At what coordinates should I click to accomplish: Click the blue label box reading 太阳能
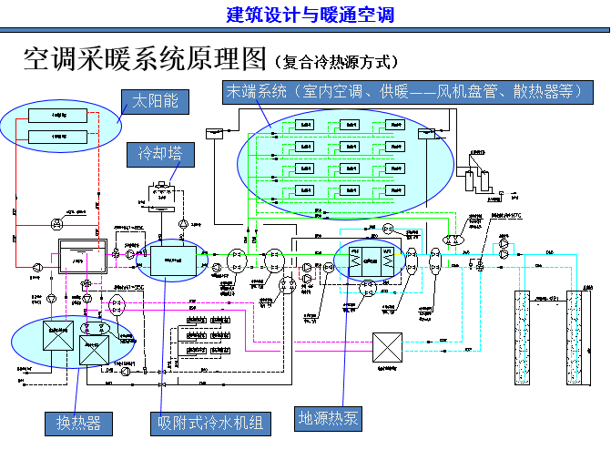(x=156, y=102)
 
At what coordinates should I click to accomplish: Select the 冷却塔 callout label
(x=160, y=153)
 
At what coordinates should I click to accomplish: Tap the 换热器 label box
(x=79, y=424)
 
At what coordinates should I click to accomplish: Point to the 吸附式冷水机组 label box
(x=210, y=424)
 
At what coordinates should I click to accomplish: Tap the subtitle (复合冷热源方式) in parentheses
(x=336, y=63)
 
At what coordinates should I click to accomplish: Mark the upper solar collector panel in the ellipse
(x=57, y=116)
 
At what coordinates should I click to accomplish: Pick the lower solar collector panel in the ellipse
(x=57, y=136)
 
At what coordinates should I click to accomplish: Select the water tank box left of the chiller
(x=81, y=259)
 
